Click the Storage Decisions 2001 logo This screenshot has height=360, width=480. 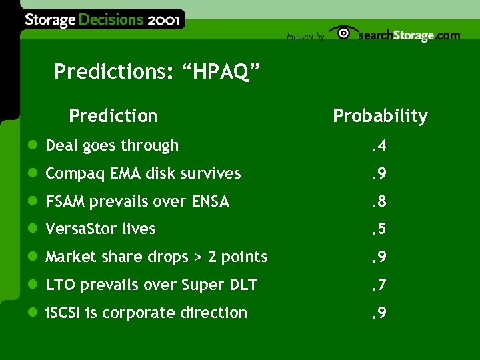[101, 20]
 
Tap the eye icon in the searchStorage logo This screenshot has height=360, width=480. [343, 33]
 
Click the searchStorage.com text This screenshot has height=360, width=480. [409, 36]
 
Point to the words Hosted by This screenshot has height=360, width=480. [305, 37]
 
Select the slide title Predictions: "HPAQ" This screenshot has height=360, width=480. [157, 71]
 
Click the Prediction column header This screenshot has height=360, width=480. [113, 116]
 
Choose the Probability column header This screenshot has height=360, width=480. [380, 116]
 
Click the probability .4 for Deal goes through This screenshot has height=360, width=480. [379, 145]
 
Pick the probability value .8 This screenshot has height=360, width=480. [379, 201]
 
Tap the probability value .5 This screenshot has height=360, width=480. [379, 229]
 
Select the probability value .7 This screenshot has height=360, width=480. [379, 285]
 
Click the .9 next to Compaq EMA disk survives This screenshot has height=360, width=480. [379, 173]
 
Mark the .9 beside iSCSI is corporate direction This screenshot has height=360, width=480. [379, 313]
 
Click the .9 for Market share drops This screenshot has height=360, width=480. [379, 257]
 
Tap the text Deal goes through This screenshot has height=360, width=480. [112, 145]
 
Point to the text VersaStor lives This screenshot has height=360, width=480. [100, 229]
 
